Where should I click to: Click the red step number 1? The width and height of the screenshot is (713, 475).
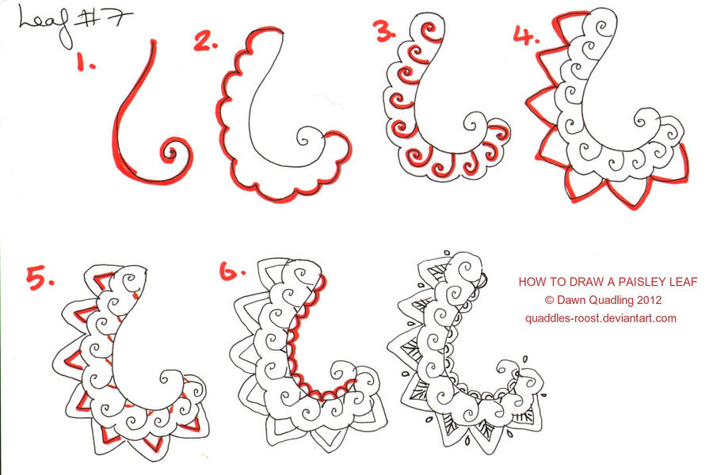coord(85,63)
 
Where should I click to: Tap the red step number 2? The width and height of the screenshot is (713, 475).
coord(205,42)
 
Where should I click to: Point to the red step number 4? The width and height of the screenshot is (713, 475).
coord(524,36)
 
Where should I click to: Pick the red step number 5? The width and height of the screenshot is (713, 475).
coord(39,279)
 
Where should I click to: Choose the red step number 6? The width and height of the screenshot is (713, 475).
coord(230,272)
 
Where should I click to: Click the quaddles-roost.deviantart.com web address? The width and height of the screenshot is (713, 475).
coord(600,318)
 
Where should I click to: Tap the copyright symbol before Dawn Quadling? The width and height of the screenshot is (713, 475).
coord(549,300)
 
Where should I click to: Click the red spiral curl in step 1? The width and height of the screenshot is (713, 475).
coord(171,150)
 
